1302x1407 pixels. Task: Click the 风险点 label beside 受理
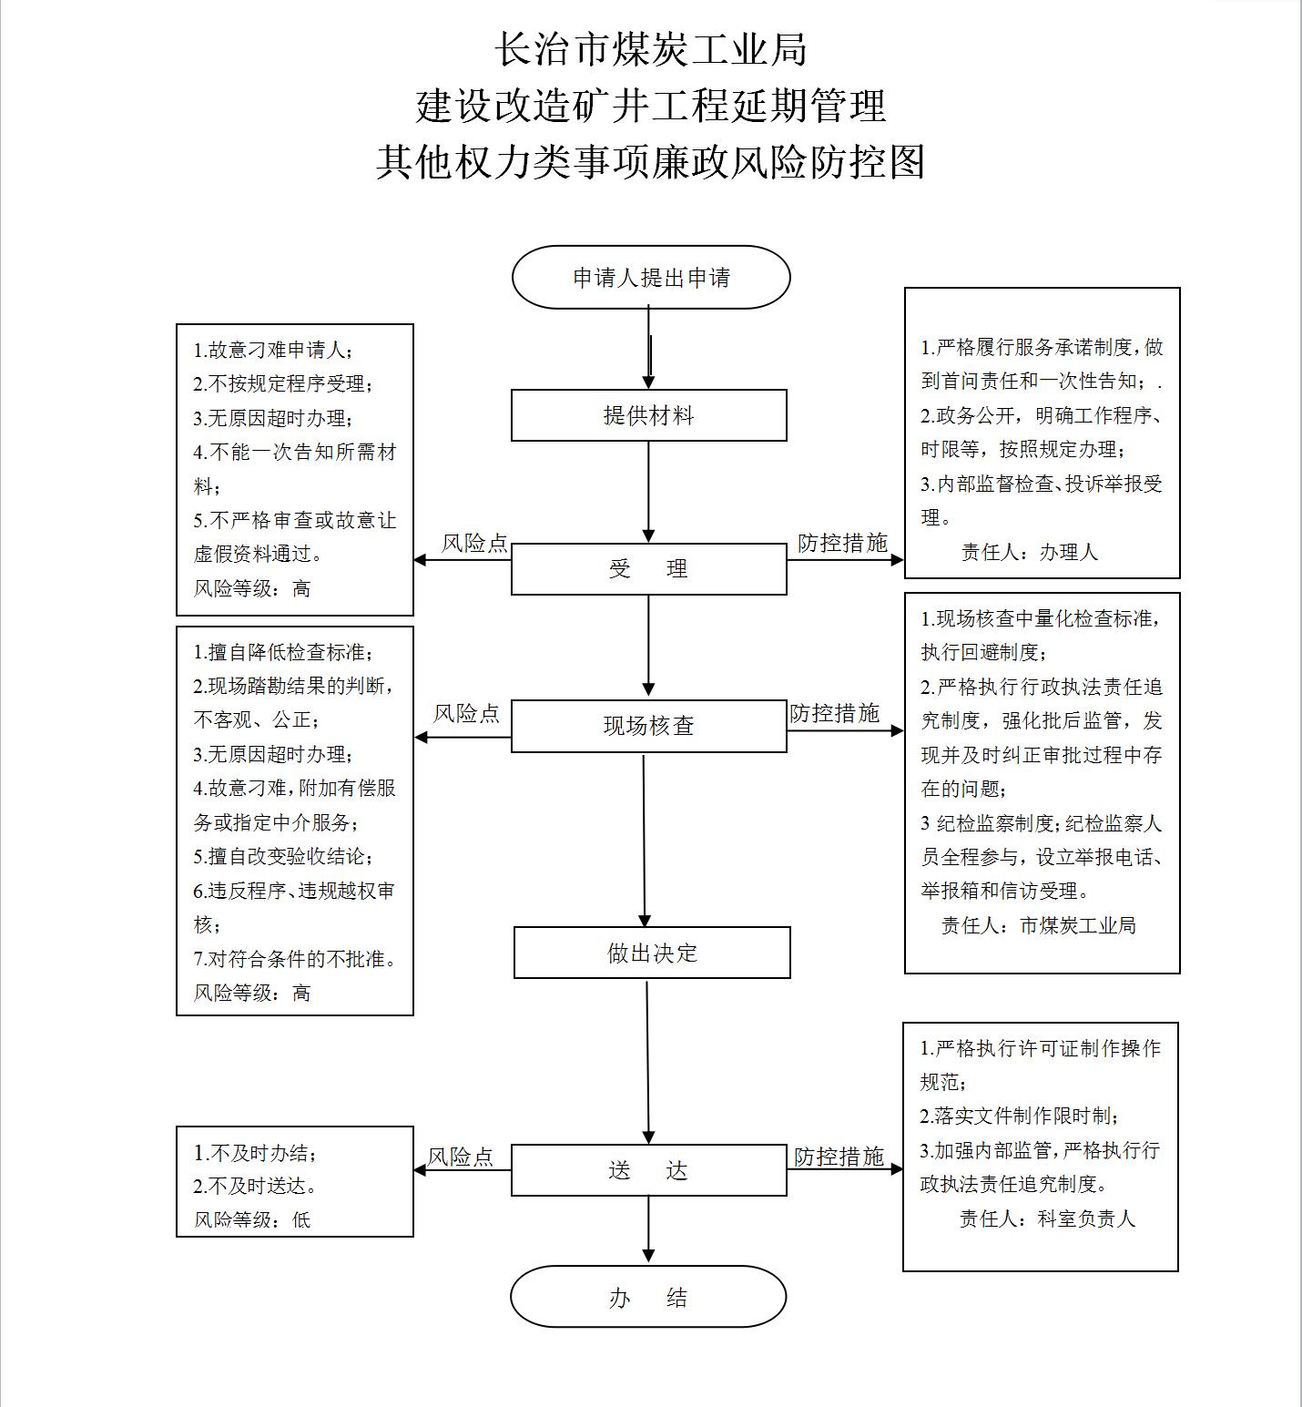pos(474,544)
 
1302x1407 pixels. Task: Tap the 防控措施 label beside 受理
pos(842,543)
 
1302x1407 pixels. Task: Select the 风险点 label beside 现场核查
pos(467,713)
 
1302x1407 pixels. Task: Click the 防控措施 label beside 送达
pos(839,1157)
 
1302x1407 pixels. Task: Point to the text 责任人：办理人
pos(1030,552)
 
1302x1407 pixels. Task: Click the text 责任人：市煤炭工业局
pos(1039,925)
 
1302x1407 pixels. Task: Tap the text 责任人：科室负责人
pos(1048,1218)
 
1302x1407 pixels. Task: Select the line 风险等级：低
pos(252,1219)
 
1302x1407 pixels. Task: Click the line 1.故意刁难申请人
pos(273,350)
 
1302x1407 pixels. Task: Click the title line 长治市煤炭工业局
pos(651,49)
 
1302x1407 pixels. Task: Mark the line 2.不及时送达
pos(255,1186)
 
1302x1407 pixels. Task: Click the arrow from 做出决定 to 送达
pos(648,1061)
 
